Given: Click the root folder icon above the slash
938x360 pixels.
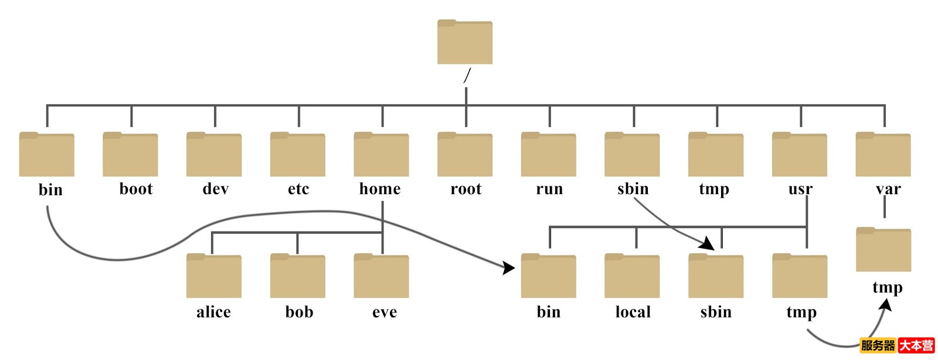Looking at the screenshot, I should [464, 42].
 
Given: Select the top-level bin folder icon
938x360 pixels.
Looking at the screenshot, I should [46, 155].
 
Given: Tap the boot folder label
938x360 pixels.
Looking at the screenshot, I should [136, 189].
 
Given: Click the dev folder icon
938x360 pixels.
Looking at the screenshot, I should [214, 155].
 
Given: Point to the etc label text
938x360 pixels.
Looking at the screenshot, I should [298, 189].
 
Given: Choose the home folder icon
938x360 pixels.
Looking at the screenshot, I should [381, 155].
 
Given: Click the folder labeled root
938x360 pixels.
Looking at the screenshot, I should [465, 155].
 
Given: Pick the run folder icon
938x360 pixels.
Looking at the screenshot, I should [548, 155].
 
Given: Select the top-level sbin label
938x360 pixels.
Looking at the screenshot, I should [633, 189].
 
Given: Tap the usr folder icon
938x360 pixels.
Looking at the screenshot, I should [799, 155].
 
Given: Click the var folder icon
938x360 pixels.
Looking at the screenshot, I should [883, 155].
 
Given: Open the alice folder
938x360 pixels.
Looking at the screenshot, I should [213, 276].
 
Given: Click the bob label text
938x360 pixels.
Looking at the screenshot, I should [299, 312].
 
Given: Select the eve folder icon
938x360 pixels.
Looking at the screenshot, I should [381, 276].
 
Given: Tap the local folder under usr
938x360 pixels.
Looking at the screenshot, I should [632, 276].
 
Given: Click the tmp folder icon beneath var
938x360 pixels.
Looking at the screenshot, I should [883, 250].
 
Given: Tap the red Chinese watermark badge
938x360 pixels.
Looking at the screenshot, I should [916, 345].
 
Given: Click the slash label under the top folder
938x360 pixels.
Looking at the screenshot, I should [467, 76].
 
